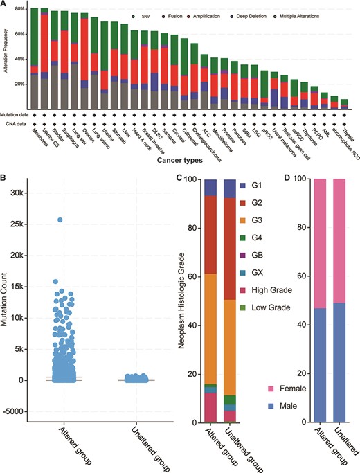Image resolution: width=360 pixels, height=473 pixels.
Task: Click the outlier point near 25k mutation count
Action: tap(60, 220)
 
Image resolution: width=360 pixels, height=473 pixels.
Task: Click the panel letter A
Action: tap(5, 6)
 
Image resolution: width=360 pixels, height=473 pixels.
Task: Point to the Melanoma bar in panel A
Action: tap(34, 59)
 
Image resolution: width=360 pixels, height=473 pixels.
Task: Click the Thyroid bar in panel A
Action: tap(344, 104)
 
